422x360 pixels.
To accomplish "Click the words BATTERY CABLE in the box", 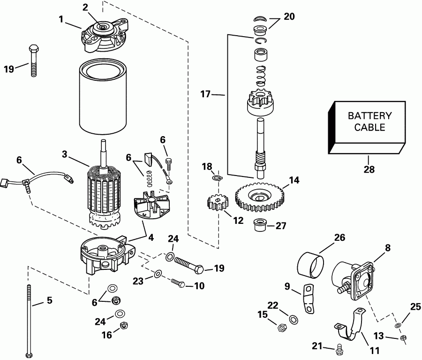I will (369, 121).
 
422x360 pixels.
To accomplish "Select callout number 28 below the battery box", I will (369, 169).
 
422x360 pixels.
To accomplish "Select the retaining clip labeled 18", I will (216, 177).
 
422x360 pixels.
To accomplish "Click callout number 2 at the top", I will (85, 7).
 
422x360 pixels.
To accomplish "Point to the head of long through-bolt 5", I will (30, 353).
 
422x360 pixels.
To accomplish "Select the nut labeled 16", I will (124, 325).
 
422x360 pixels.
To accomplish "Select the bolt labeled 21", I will (340, 348).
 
